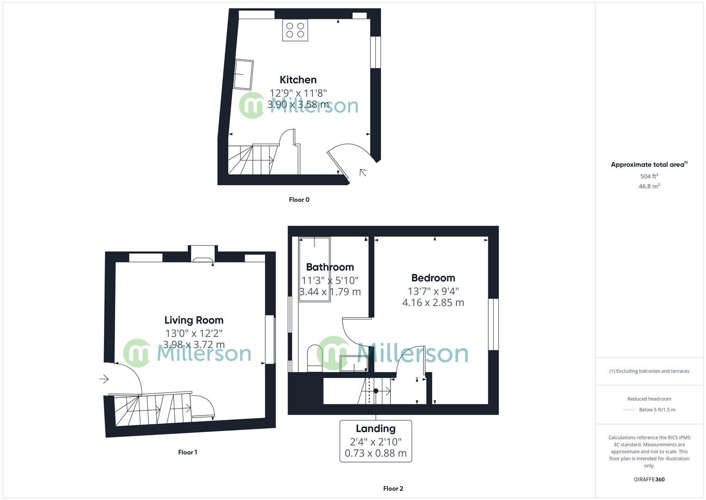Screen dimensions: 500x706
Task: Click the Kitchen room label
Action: click(298, 80)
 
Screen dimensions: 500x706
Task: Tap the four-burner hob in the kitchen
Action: click(295, 30)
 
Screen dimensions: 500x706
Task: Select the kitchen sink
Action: click(243, 74)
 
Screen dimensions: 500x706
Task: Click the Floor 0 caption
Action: click(299, 200)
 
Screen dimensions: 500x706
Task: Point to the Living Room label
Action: click(194, 320)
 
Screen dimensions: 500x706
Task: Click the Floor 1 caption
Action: click(187, 452)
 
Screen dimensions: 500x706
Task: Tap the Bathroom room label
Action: click(330, 267)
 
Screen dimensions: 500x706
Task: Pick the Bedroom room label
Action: click(433, 278)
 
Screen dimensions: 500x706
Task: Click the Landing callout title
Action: click(375, 428)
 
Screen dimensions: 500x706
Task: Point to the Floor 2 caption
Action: click(393, 488)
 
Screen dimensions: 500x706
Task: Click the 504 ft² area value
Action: click(649, 176)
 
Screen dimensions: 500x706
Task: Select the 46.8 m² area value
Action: click(649, 186)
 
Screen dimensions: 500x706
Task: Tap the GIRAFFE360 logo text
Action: click(649, 480)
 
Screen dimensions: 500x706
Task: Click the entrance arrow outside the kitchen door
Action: click(363, 173)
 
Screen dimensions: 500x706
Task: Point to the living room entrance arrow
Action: click(104, 379)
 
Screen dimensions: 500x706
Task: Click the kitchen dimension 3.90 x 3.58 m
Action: click(298, 105)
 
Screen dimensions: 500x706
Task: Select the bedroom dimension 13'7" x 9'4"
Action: click(433, 291)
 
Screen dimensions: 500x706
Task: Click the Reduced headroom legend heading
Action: click(649, 399)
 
